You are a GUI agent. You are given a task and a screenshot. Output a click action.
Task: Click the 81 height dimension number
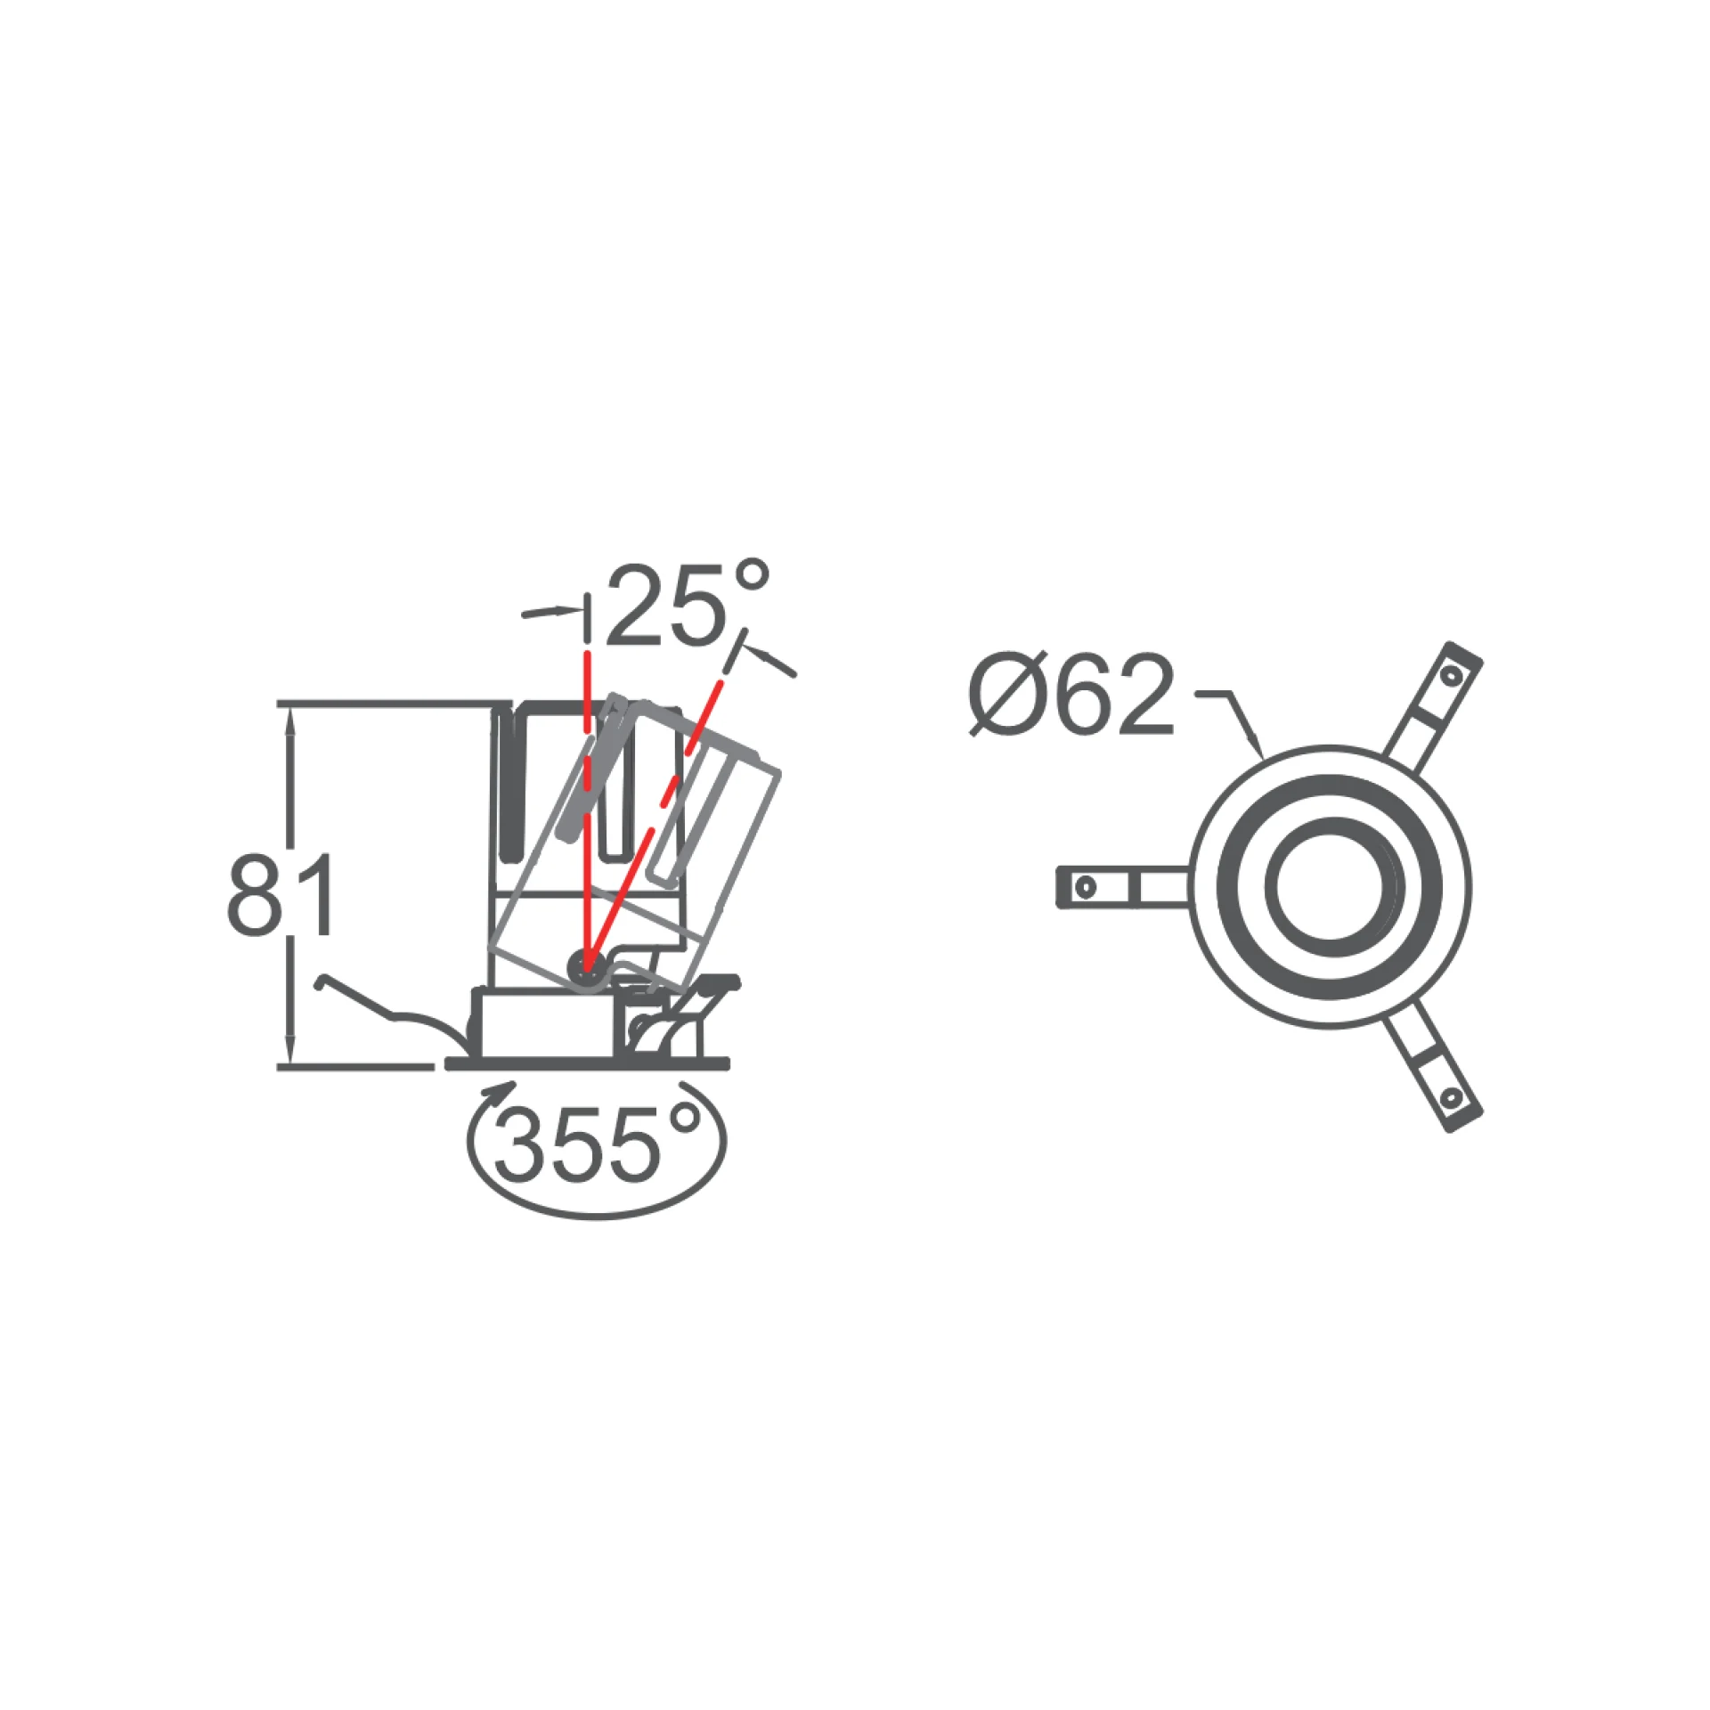point(281,894)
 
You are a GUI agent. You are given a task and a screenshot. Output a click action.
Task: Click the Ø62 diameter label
point(1071,696)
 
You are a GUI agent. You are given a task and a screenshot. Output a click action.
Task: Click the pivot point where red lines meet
point(585,964)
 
